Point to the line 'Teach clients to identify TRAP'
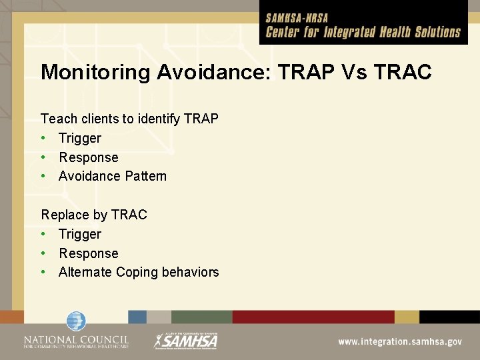coord(130,119)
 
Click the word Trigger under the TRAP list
coord(80,138)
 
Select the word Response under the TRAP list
coord(89,157)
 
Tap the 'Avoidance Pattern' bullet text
coord(113,176)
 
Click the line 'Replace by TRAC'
coord(94,215)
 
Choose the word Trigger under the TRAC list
coord(80,234)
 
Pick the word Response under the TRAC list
coord(89,253)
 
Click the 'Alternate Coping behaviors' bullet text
coord(139,272)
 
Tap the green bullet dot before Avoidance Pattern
coord(44,176)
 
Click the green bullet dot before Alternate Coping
coord(44,272)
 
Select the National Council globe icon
coord(76,322)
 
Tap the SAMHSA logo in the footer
coord(186,340)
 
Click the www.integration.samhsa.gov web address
coord(399,341)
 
